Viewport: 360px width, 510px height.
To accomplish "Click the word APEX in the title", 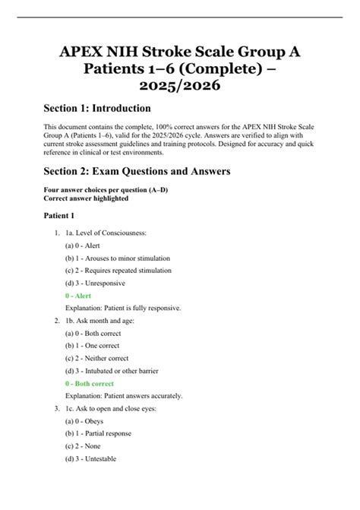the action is point(82,53).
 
